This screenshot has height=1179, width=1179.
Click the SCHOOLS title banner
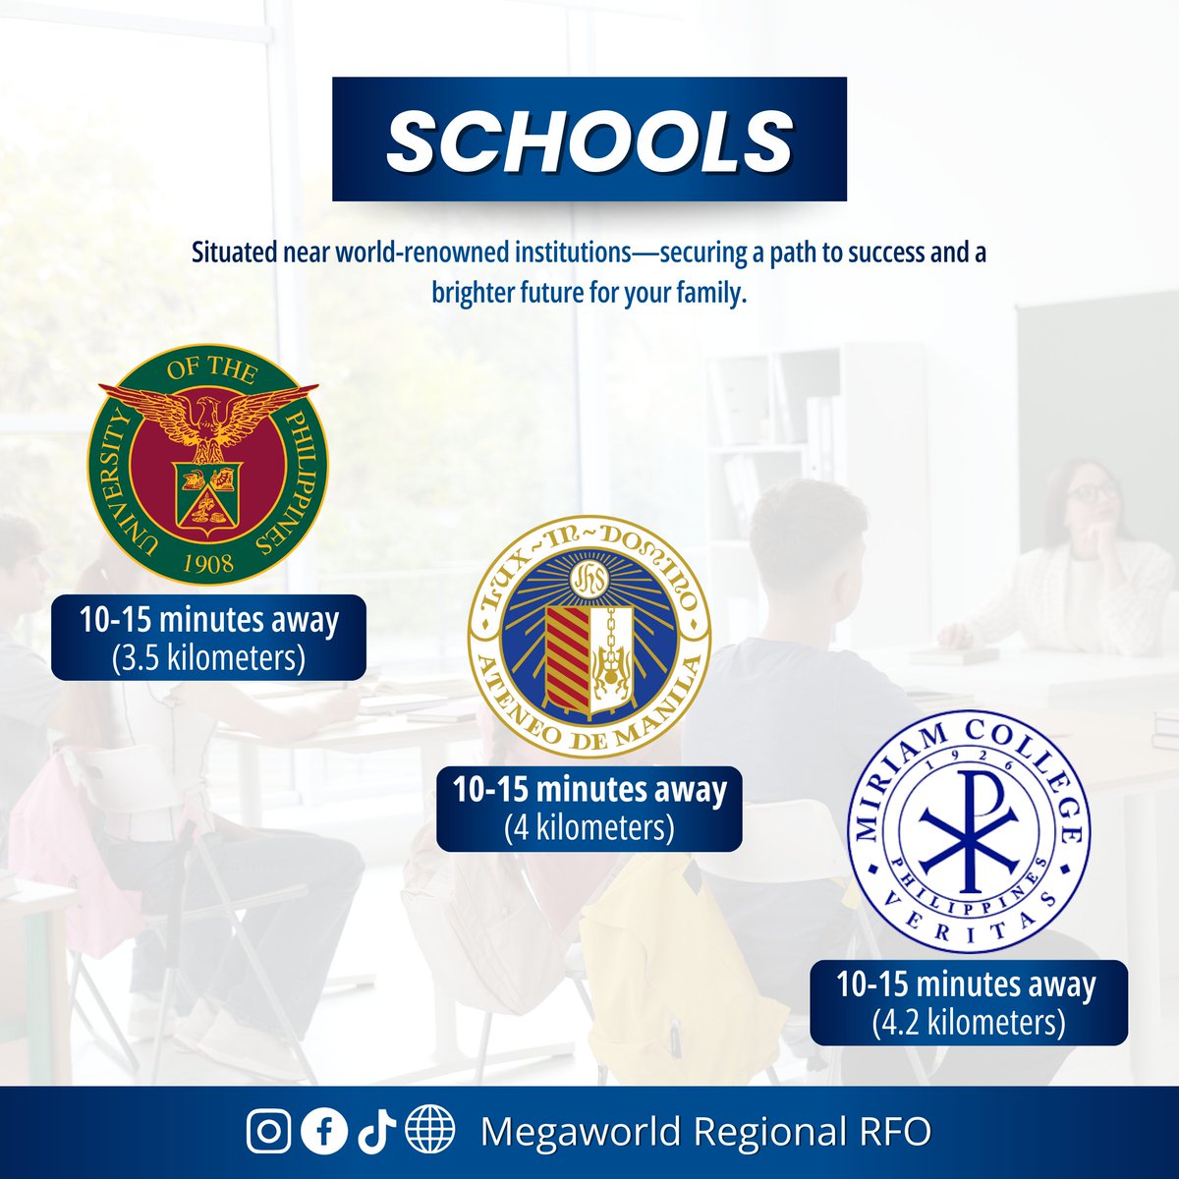click(589, 140)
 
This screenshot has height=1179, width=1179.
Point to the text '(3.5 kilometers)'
click(208, 657)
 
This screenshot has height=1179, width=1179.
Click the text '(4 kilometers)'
click(589, 827)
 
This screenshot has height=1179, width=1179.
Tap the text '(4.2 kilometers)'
click(969, 1022)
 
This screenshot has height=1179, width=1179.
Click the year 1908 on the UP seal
click(208, 562)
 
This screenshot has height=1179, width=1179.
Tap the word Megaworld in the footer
click(580, 1132)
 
